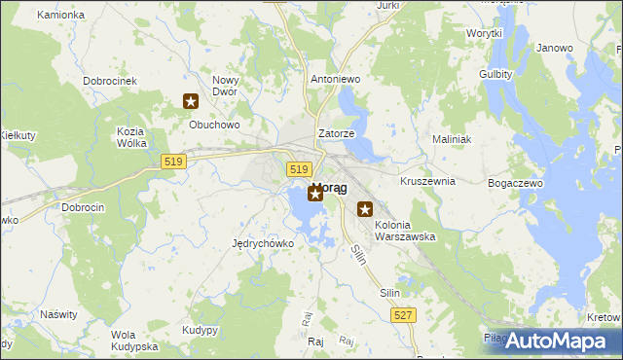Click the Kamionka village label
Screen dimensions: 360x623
60,16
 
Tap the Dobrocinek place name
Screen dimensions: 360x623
109,81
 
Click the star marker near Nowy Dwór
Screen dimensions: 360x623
191,101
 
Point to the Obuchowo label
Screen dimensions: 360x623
213,125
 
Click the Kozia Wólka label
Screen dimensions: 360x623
130,137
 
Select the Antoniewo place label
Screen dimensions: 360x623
334,80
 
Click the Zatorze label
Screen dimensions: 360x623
336,133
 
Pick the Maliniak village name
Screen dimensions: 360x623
452,139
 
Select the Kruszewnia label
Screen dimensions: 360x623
427,182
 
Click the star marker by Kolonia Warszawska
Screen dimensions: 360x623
365,208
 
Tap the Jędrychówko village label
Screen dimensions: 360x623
263,243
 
